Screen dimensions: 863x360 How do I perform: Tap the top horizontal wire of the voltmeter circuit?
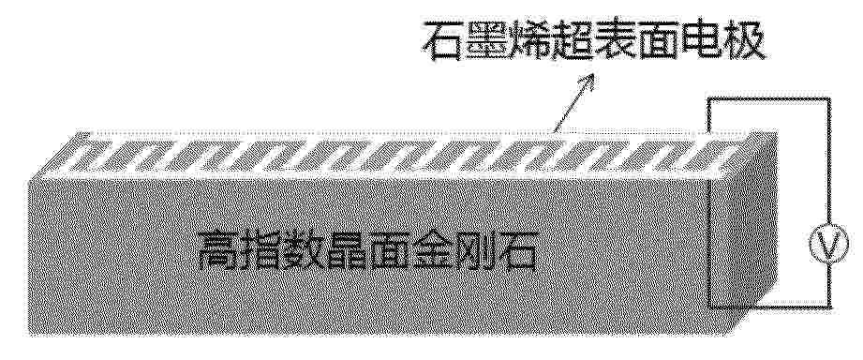[768, 99]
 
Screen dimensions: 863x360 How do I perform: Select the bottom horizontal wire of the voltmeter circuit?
[769, 306]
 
